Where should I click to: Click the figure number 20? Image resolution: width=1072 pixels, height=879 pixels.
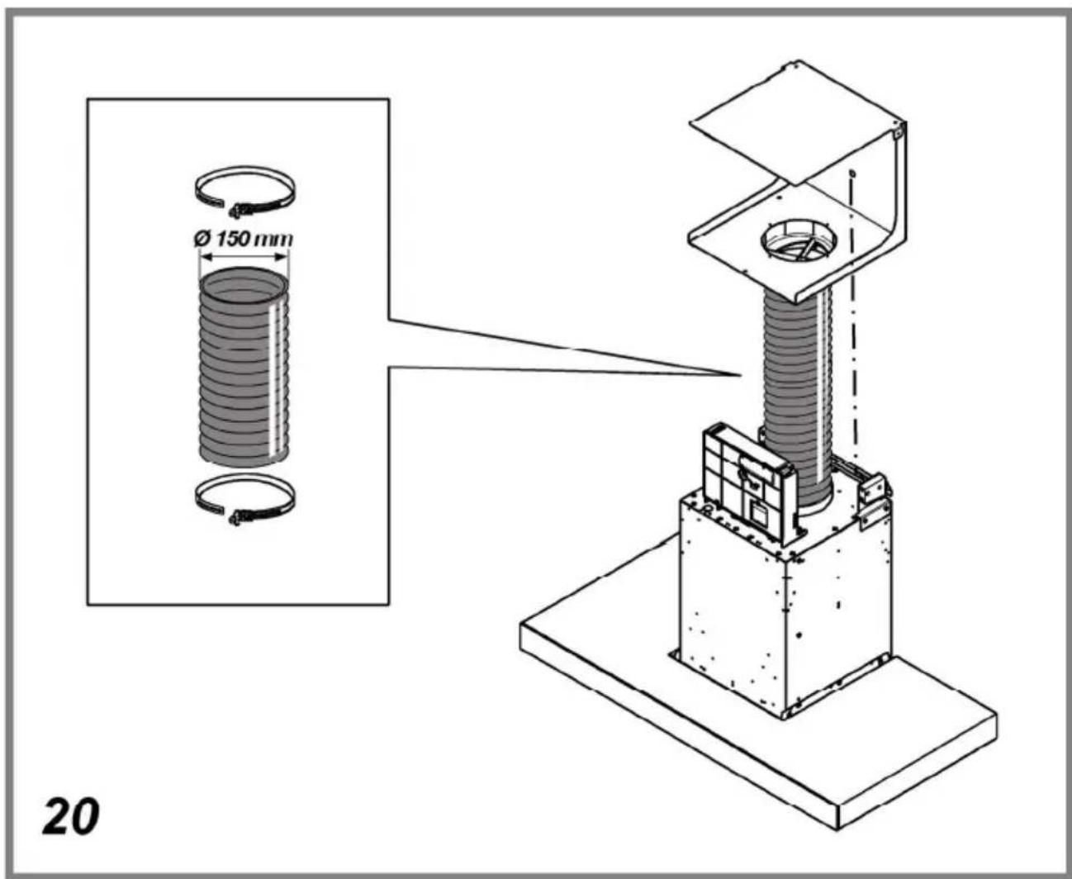tap(71, 816)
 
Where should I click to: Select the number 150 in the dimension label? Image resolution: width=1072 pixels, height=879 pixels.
tap(236, 239)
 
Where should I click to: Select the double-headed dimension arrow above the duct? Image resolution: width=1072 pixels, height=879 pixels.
tap(244, 258)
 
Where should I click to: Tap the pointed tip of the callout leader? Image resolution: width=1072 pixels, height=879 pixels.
tap(738, 376)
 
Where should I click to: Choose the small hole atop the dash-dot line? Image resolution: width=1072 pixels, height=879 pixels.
tap(852, 174)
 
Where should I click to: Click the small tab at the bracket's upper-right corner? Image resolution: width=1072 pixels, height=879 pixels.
tap(899, 131)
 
